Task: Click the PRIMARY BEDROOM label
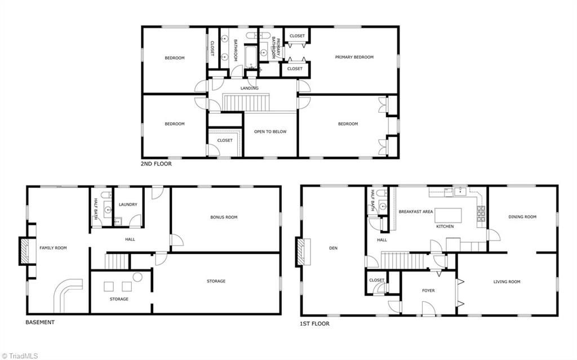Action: tap(354, 57)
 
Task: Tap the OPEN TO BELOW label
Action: tap(270, 132)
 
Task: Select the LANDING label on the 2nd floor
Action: tap(249, 88)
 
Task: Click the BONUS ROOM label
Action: tap(224, 217)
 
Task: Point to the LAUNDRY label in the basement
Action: tap(128, 205)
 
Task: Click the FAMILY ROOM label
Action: tap(53, 248)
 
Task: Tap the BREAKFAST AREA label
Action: tap(415, 211)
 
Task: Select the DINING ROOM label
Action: tap(522, 216)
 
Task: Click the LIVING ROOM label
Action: tap(507, 282)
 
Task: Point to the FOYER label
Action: tap(429, 291)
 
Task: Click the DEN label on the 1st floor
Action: tap(332, 247)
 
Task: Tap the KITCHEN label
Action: tap(445, 226)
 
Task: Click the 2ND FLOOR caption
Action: tap(156, 164)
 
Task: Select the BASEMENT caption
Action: tap(40, 322)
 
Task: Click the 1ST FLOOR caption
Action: tap(315, 324)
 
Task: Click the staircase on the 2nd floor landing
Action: tap(248, 103)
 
